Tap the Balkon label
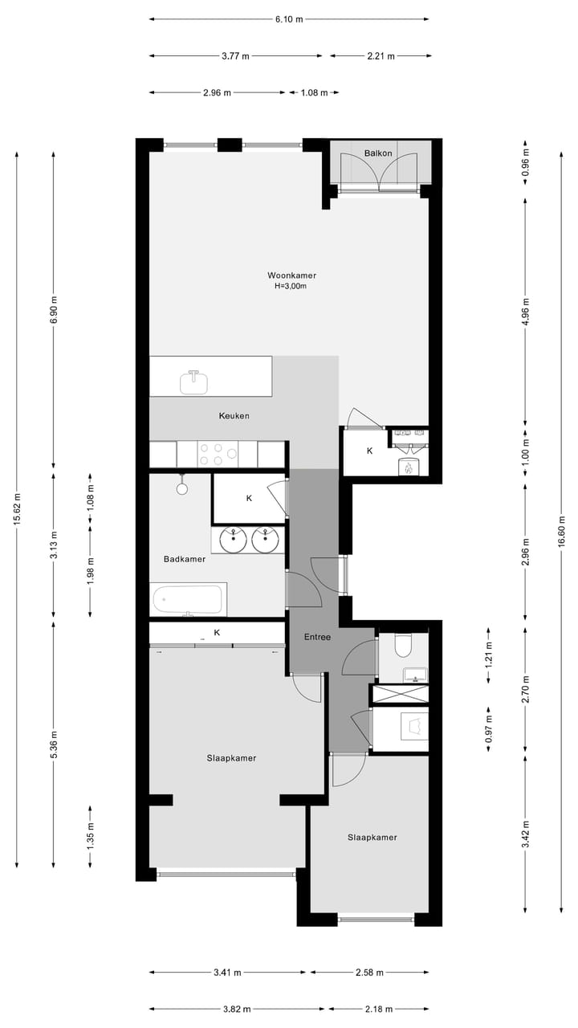[x=377, y=153]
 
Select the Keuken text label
[x=234, y=416]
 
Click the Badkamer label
[x=185, y=559]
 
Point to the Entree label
[x=317, y=637]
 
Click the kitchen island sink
[x=193, y=382]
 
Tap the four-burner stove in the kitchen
[x=218, y=455]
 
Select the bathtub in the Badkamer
[x=189, y=599]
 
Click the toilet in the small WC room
[x=403, y=646]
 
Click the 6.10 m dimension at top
[x=289, y=19]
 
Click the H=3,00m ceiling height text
[x=291, y=286]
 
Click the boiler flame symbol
[x=408, y=467]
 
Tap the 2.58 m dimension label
[x=369, y=973]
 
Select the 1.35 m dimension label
[x=90, y=836]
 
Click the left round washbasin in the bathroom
[x=234, y=540]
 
